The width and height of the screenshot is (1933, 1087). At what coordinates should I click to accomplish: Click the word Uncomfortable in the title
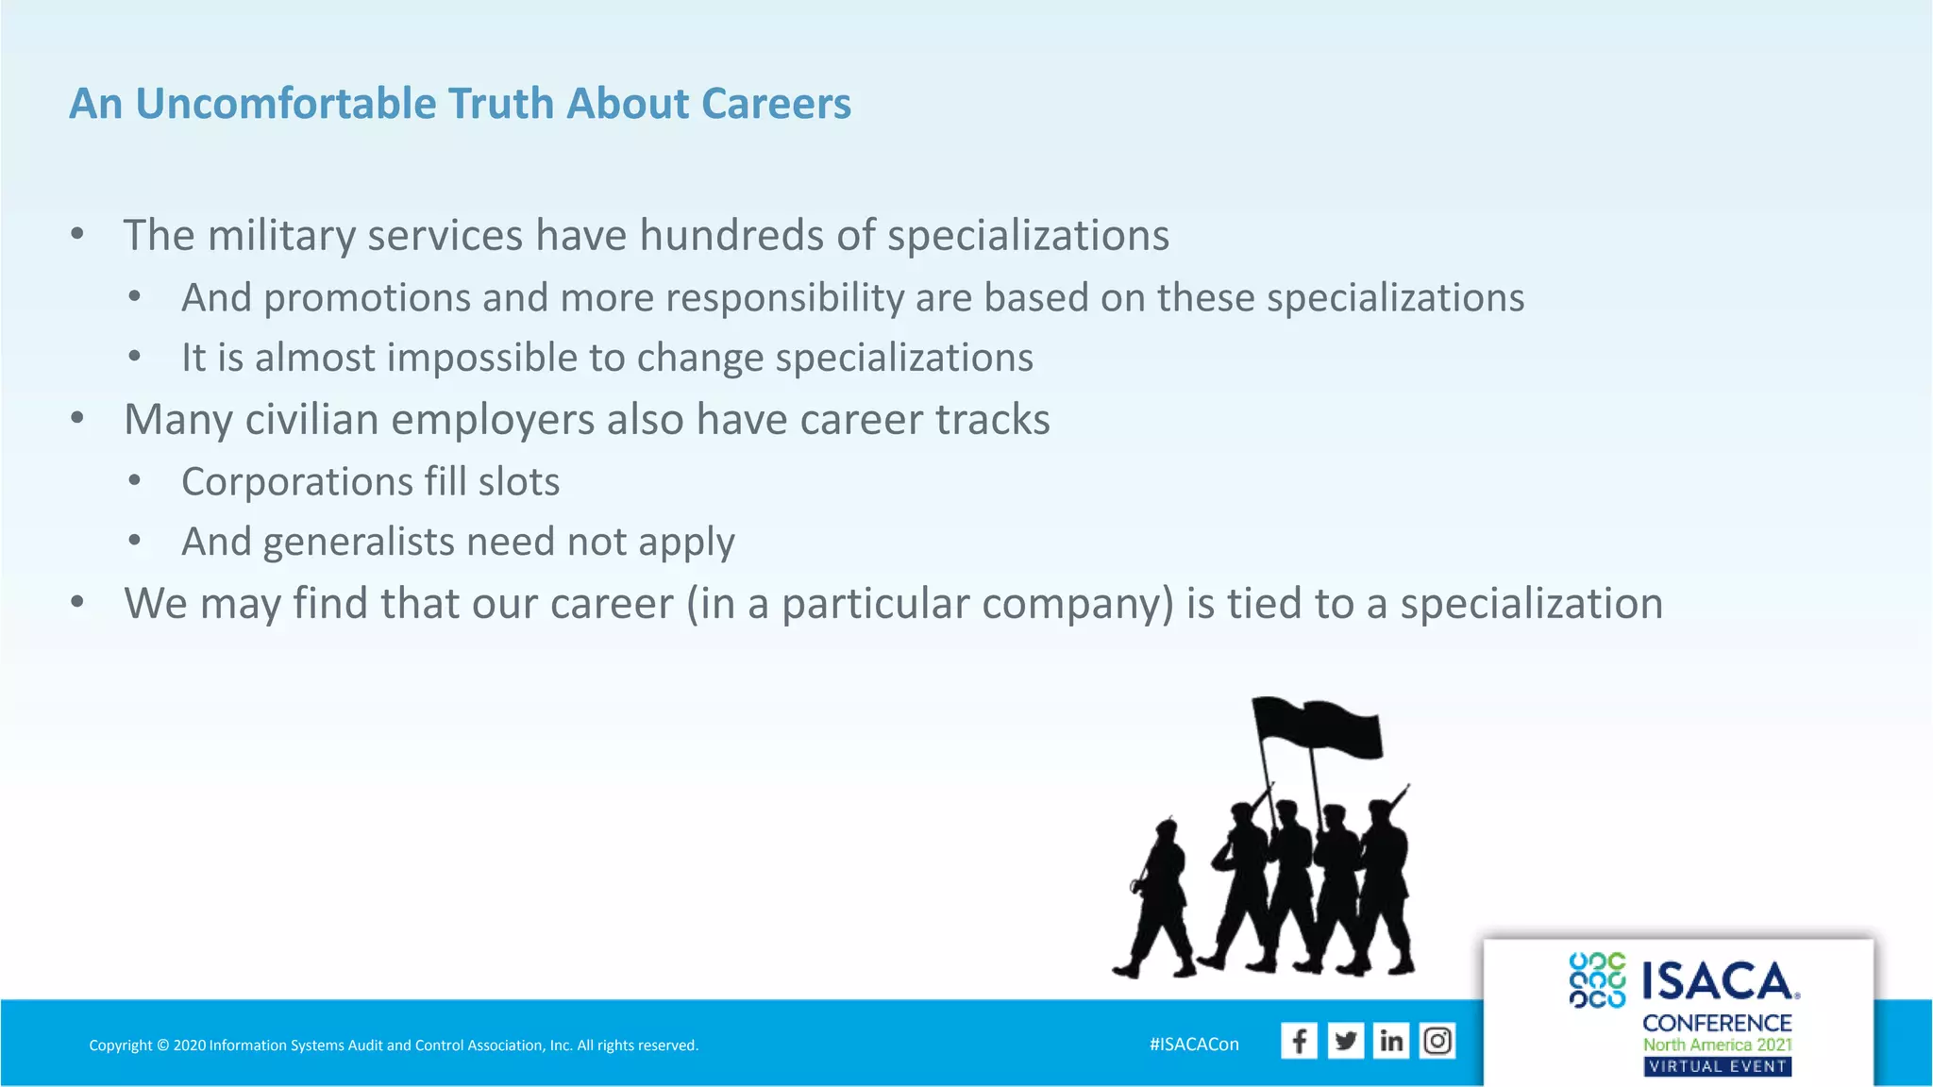click(x=284, y=104)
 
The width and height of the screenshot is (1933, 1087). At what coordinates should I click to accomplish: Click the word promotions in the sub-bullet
click(x=367, y=298)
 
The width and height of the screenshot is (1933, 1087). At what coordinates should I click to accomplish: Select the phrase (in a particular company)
click(x=930, y=604)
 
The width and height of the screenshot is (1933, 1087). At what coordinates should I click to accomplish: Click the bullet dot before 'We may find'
click(x=77, y=602)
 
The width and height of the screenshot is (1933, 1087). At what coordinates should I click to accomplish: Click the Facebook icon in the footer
click(x=1299, y=1041)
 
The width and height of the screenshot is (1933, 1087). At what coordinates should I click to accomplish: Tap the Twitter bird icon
click(x=1345, y=1041)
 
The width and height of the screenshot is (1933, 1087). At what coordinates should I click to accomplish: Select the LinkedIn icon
click(x=1391, y=1041)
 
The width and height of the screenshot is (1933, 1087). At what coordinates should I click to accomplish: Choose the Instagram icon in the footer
click(x=1437, y=1041)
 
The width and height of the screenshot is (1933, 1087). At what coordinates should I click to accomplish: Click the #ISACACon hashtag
click(x=1194, y=1045)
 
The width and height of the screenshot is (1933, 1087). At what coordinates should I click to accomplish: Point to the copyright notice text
click(x=394, y=1045)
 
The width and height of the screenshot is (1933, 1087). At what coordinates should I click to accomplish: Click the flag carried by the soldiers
click(x=1321, y=727)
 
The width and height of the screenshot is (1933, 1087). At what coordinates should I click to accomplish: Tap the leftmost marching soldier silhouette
click(x=1159, y=896)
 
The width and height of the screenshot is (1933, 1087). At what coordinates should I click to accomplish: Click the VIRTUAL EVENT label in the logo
click(x=1717, y=1067)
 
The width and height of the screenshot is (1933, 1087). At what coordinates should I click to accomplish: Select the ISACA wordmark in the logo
click(x=1719, y=981)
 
